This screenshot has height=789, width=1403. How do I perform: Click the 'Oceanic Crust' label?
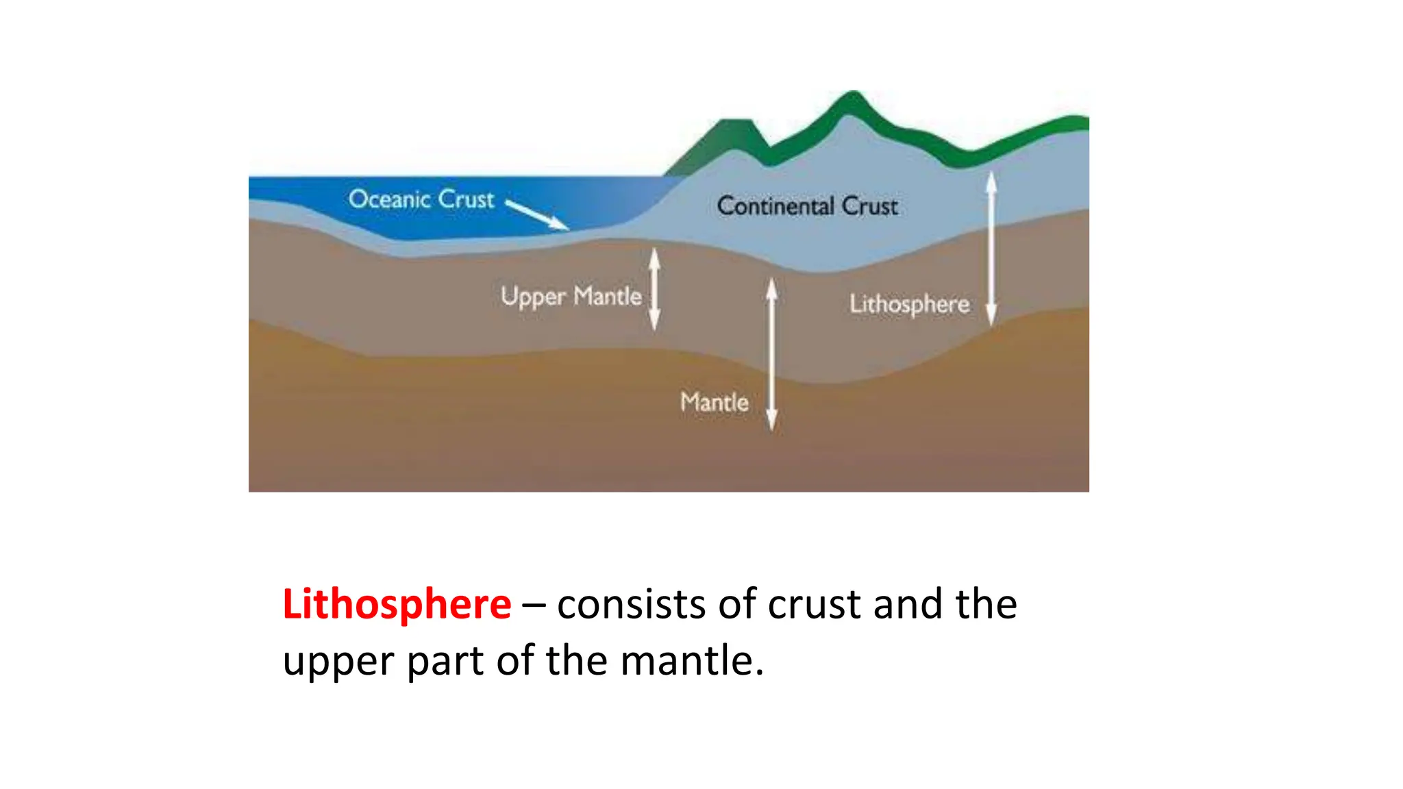421,199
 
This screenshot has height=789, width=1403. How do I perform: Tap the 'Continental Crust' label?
807,206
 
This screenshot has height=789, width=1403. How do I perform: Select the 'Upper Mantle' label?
571,297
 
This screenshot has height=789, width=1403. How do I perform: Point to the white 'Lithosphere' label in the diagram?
909,304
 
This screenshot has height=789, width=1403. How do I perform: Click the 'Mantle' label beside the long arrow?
714,402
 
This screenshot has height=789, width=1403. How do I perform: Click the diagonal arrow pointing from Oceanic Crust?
537,214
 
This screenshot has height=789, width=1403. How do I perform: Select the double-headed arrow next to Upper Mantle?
654,288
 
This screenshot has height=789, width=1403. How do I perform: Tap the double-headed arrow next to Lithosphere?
991,248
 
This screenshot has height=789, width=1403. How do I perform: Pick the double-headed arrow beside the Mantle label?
771,353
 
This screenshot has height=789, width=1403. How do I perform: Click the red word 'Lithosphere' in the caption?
397,604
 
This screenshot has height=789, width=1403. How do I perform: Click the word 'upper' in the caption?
338,662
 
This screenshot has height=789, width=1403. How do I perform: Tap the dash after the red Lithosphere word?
534,605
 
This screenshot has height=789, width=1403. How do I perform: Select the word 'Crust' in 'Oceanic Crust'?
466,199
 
